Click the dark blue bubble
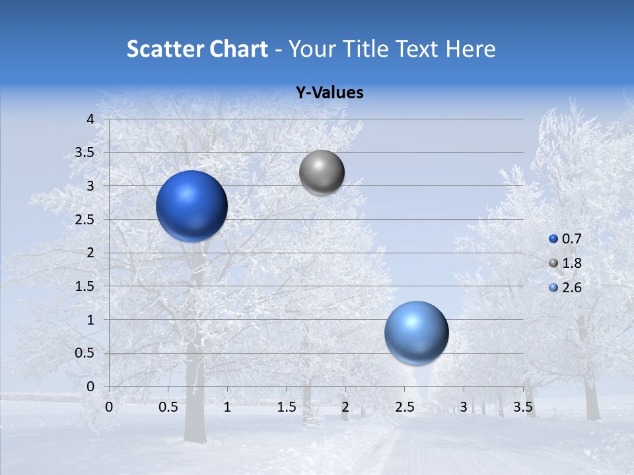pyautogui.click(x=192, y=206)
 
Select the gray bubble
pyautogui.click(x=322, y=173)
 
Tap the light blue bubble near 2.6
pyautogui.click(x=416, y=332)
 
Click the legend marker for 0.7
pyautogui.click(x=553, y=239)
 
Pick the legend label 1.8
pyautogui.click(x=571, y=263)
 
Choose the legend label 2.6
pyautogui.click(x=571, y=288)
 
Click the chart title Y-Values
pyautogui.click(x=329, y=93)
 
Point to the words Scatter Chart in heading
pyautogui.click(x=197, y=49)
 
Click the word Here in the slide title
pyautogui.click(x=470, y=49)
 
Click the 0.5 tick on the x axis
pyautogui.click(x=168, y=407)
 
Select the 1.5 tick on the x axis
pyautogui.click(x=286, y=407)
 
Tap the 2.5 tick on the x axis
pyautogui.click(x=404, y=407)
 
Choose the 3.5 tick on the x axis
pyautogui.click(x=522, y=407)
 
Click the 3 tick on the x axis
pyautogui.click(x=464, y=407)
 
